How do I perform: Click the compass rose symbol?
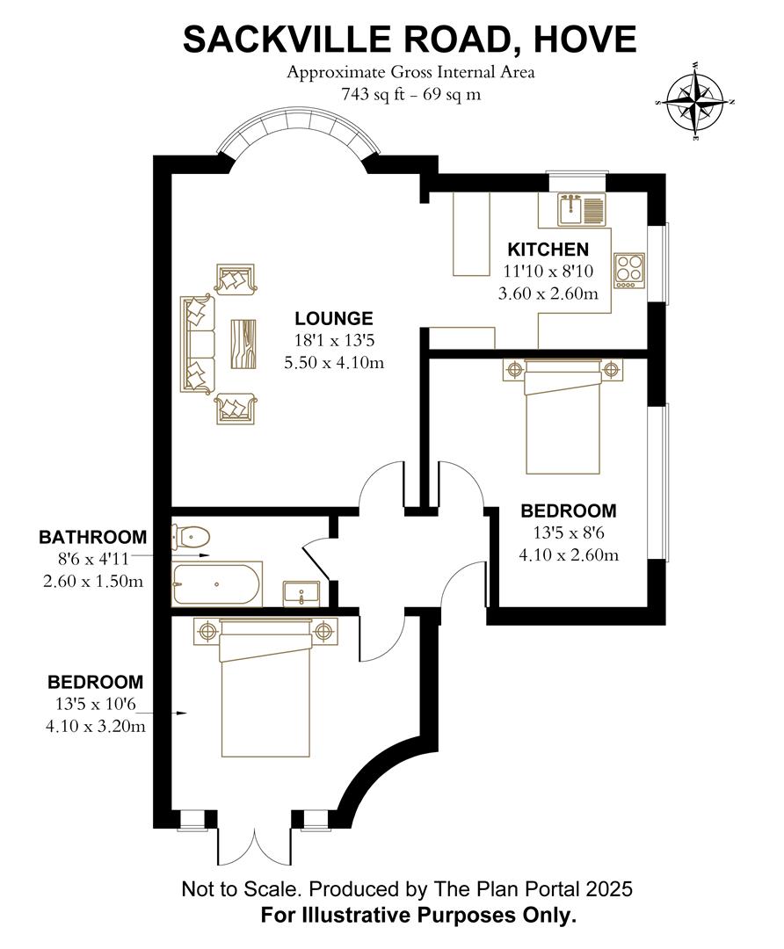(x=693, y=103)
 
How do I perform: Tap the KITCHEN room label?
(x=547, y=250)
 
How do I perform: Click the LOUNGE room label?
(x=334, y=319)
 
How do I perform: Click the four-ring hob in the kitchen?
(x=629, y=269)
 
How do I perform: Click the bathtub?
(x=216, y=583)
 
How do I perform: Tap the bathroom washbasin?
(x=301, y=593)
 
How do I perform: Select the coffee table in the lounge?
(x=243, y=344)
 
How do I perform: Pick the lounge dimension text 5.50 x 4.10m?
(x=334, y=361)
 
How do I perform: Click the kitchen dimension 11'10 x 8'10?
(x=547, y=272)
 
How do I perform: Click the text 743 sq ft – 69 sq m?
(x=410, y=94)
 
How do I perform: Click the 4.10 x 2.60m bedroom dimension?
(x=568, y=554)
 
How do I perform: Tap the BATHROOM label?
(x=92, y=536)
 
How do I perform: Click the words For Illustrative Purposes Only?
(x=418, y=915)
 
